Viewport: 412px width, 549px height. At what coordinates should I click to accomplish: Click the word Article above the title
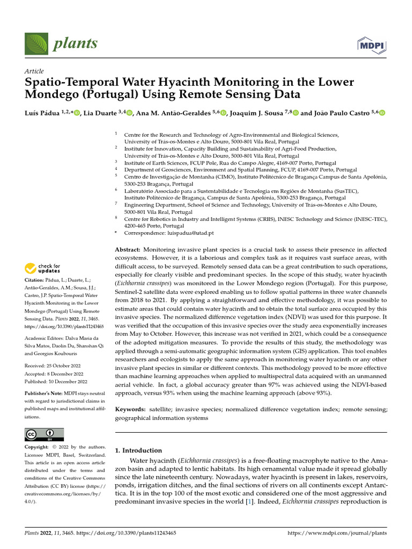coord(34,71)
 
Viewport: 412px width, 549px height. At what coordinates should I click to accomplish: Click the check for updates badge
coord(43,268)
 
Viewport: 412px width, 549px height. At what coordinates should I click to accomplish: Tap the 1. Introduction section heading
coord(138,450)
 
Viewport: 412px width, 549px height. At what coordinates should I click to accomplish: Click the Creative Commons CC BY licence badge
coord(45,434)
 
